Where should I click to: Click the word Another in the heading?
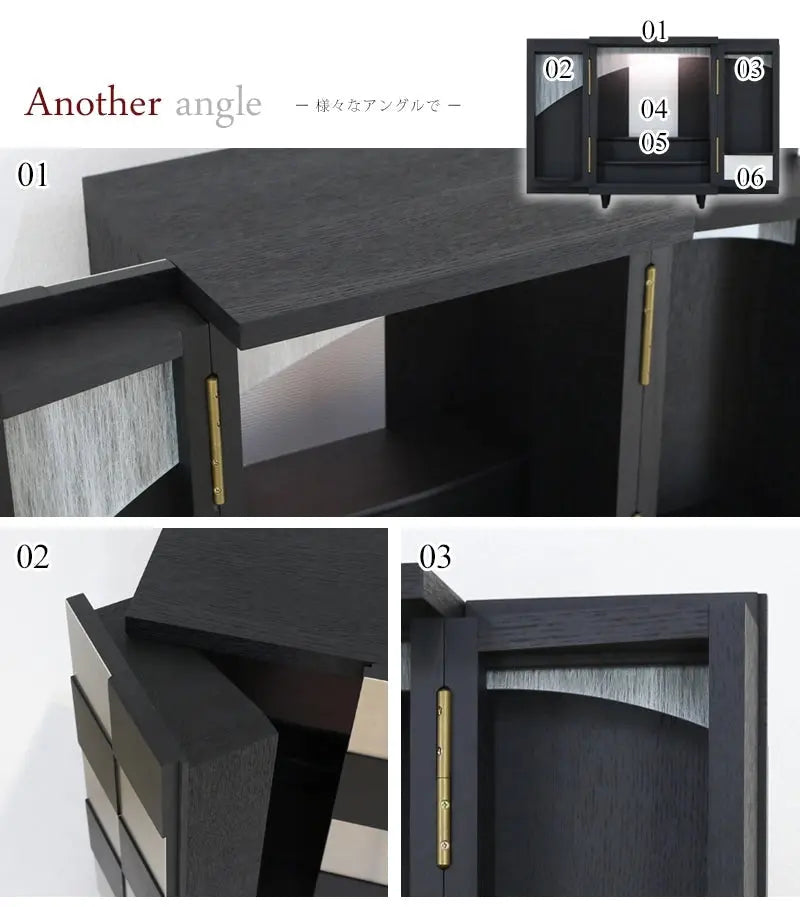point(93,102)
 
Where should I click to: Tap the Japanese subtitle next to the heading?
point(378,105)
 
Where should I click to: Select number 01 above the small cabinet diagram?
point(654,30)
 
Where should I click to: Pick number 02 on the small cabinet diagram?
point(558,69)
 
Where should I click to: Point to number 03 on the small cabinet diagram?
point(749,69)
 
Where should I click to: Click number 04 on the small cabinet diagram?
point(654,109)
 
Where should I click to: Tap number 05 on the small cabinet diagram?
point(654,142)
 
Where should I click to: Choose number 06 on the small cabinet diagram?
point(750,177)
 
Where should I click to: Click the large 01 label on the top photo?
point(32,175)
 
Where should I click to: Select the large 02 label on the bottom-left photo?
point(32,556)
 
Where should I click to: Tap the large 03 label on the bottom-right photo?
point(435,556)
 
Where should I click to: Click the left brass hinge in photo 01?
point(215,440)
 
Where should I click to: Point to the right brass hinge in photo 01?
point(648,325)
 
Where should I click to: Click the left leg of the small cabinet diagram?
point(607,200)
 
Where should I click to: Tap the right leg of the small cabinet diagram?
point(701,200)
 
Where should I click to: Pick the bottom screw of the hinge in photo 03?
point(444,845)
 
